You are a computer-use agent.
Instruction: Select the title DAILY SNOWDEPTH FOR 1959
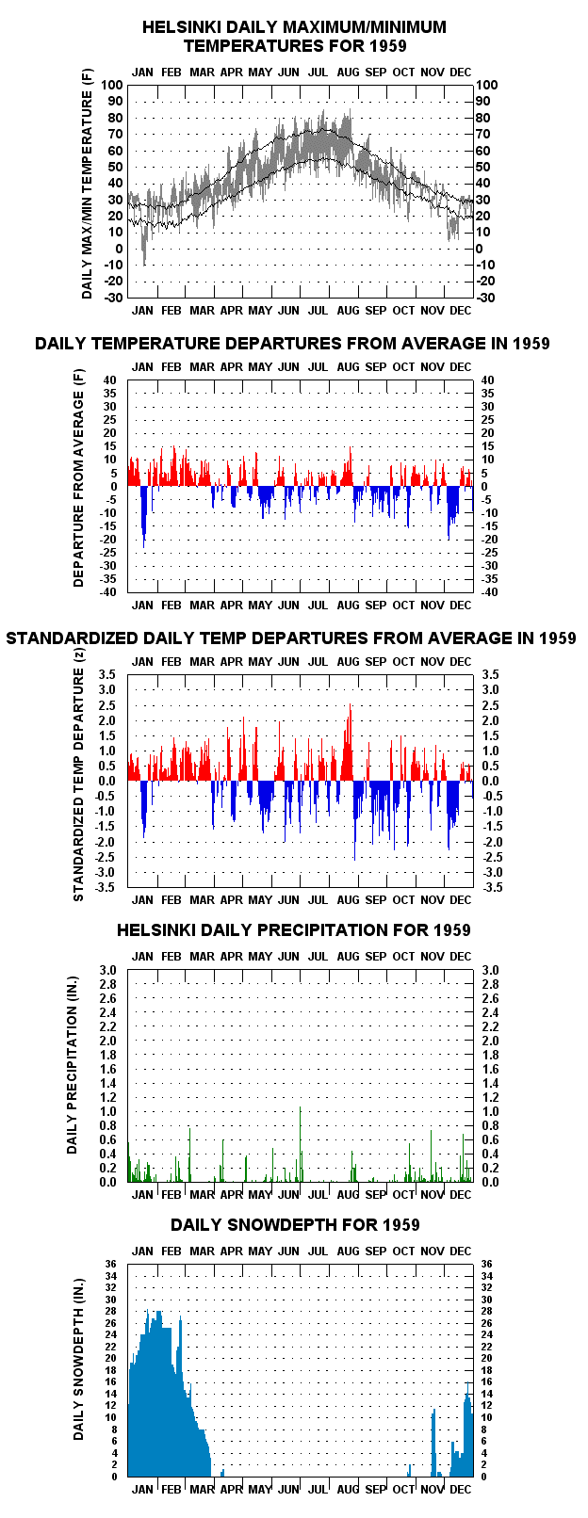click(x=295, y=1224)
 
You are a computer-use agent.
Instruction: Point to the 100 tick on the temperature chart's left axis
click(x=112, y=85)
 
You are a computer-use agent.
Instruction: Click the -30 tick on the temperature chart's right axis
click(x=487, y=298)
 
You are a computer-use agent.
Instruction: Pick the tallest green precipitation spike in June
click(x=300, y=1144)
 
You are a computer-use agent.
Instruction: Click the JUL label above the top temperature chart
click(x=318, y=72)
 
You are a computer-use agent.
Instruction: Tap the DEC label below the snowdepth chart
click(x=461, y=1489)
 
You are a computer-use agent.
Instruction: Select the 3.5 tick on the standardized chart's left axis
click(x=107, y=674)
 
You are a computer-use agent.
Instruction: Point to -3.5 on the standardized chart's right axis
click(x=493, y=887)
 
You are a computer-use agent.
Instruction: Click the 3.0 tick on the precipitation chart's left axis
click(x=107, y=970)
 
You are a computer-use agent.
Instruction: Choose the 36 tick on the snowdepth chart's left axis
click(x=111, y=1264)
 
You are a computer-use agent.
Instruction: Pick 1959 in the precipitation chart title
click(x=452, y=929)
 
